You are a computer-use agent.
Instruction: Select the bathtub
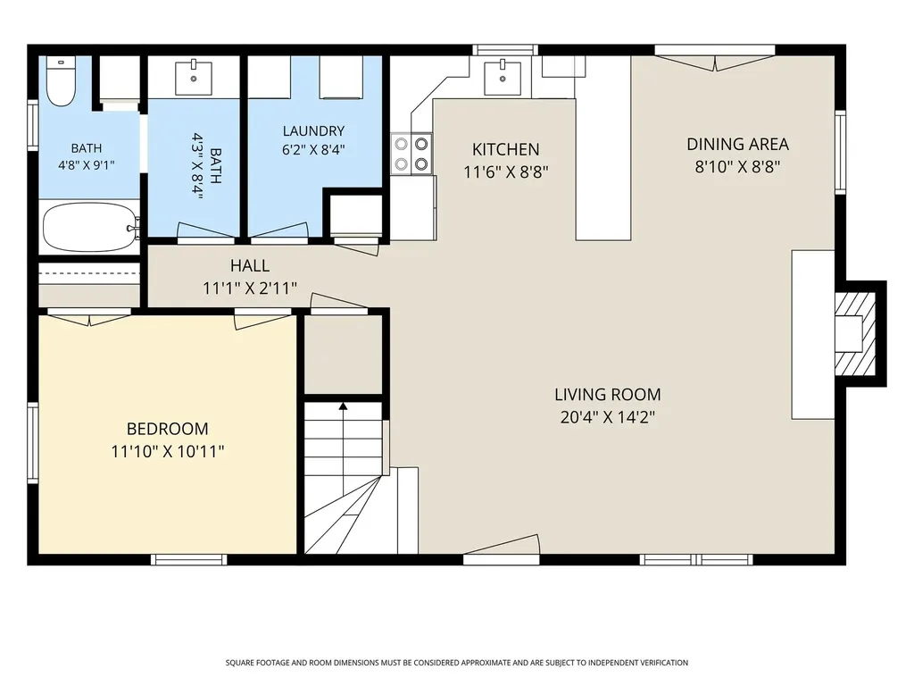tap(91, 227)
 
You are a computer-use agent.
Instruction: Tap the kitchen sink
tap(503, 77)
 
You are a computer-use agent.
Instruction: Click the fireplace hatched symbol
tap(855, 334)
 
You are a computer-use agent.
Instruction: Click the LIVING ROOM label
tap(607, 394)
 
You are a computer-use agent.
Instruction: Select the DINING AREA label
tap(737, 144)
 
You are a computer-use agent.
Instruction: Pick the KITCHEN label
tap(505, 149)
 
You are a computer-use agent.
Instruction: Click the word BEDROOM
tap(167, 429)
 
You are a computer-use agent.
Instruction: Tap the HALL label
tap(250, 266)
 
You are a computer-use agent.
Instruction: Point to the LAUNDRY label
tap(313, 130)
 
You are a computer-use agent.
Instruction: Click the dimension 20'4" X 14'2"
tap(607, 417)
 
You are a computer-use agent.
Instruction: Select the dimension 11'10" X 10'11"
tap(168, 451)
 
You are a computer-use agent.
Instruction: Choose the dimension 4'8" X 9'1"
tap(87, 165)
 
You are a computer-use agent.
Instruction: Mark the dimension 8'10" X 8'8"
tap(737, 167)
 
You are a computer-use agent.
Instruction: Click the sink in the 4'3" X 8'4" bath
tap(194, 77)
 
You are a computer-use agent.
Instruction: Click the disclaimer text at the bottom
tap(457, 663)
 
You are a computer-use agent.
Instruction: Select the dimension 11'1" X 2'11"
tap(250, 289)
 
